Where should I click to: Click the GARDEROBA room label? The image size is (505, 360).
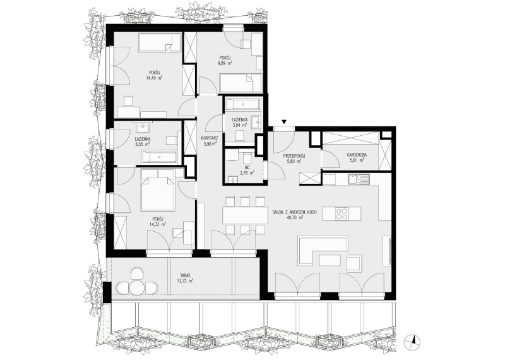pos(357,155)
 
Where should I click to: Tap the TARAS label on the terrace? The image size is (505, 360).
pos(186,275)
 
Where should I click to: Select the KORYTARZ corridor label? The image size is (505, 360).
pos(210,138)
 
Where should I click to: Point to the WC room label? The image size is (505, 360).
pos(247,167)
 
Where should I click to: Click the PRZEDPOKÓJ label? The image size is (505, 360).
pos(294,156)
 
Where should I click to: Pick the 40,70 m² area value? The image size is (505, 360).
pos(294,217)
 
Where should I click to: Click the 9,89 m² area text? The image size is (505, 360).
pos(225,63)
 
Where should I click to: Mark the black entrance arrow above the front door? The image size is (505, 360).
pos(283,122)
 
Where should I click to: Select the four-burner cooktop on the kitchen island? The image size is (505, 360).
pos(342,213)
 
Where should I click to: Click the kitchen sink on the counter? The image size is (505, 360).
pos(359,179)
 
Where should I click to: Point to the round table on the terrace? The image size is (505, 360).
pos(138,287)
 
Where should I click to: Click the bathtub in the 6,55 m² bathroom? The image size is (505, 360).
pos(160,157)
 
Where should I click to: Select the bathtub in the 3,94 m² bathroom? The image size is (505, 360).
pos(242,104)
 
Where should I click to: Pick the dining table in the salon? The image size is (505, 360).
pos(245,215)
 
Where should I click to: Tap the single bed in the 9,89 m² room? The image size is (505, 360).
pos(241,83)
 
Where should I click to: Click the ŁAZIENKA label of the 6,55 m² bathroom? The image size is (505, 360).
pos(143,139)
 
